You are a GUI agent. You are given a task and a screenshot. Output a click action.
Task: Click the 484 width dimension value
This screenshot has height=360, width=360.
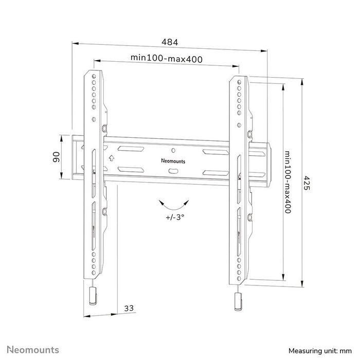point(170,41)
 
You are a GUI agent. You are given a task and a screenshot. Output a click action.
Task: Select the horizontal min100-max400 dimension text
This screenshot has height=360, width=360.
point(166,59)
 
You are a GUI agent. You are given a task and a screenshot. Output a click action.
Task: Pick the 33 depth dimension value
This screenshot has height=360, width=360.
point(129,308)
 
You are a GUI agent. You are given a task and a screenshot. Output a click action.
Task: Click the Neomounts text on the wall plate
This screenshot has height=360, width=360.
point(173,160)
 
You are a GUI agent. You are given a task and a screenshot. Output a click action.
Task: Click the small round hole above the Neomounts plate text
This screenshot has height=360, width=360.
point(173,151)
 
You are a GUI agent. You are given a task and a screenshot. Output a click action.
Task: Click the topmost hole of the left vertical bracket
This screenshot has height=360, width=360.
point(94,77)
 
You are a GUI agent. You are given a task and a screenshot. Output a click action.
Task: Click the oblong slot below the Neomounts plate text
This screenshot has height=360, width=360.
point(173,171)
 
